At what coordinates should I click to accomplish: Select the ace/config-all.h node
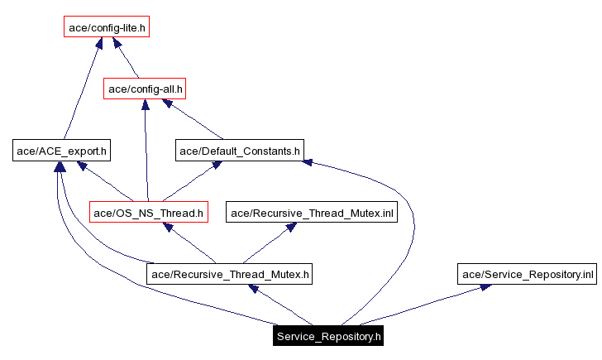145,88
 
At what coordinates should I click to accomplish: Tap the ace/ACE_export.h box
62,151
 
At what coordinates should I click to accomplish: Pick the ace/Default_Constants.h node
240,151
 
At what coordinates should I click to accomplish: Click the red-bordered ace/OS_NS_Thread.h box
148,213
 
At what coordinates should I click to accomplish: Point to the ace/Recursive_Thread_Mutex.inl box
313,213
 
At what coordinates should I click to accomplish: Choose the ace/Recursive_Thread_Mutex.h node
230,274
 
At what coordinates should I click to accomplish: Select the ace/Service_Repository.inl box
528,274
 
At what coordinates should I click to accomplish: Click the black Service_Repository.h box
328,336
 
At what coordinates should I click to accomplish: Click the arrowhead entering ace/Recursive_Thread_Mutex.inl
290,227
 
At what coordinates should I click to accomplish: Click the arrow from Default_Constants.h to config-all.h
194,120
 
